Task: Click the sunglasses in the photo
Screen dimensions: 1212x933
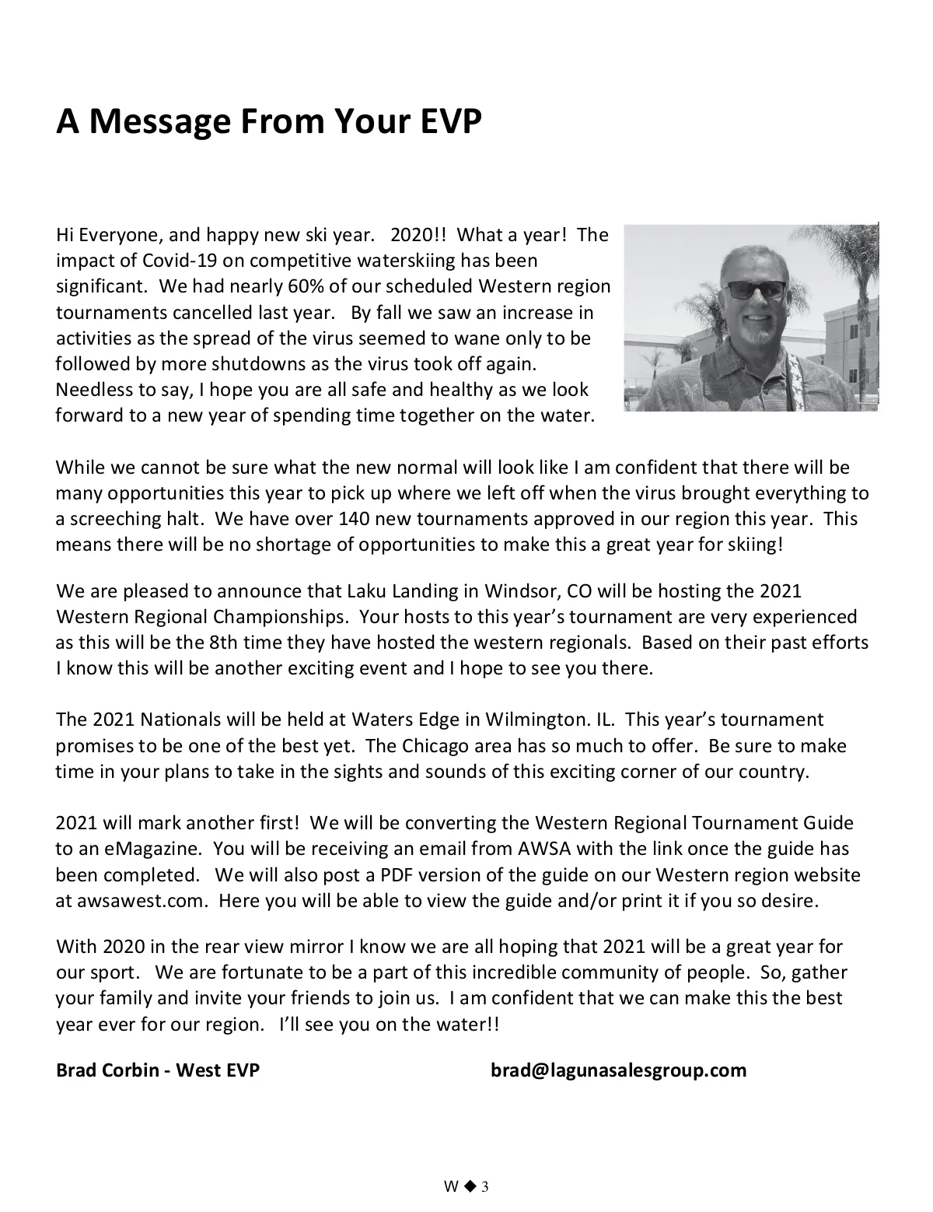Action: click(x=753, y=290)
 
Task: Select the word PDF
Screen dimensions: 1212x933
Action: click(x=400, y=875)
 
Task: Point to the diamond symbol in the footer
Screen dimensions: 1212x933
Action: click(x=470, y=1186)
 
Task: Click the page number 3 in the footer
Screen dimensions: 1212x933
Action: click(x=485, y=1186)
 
